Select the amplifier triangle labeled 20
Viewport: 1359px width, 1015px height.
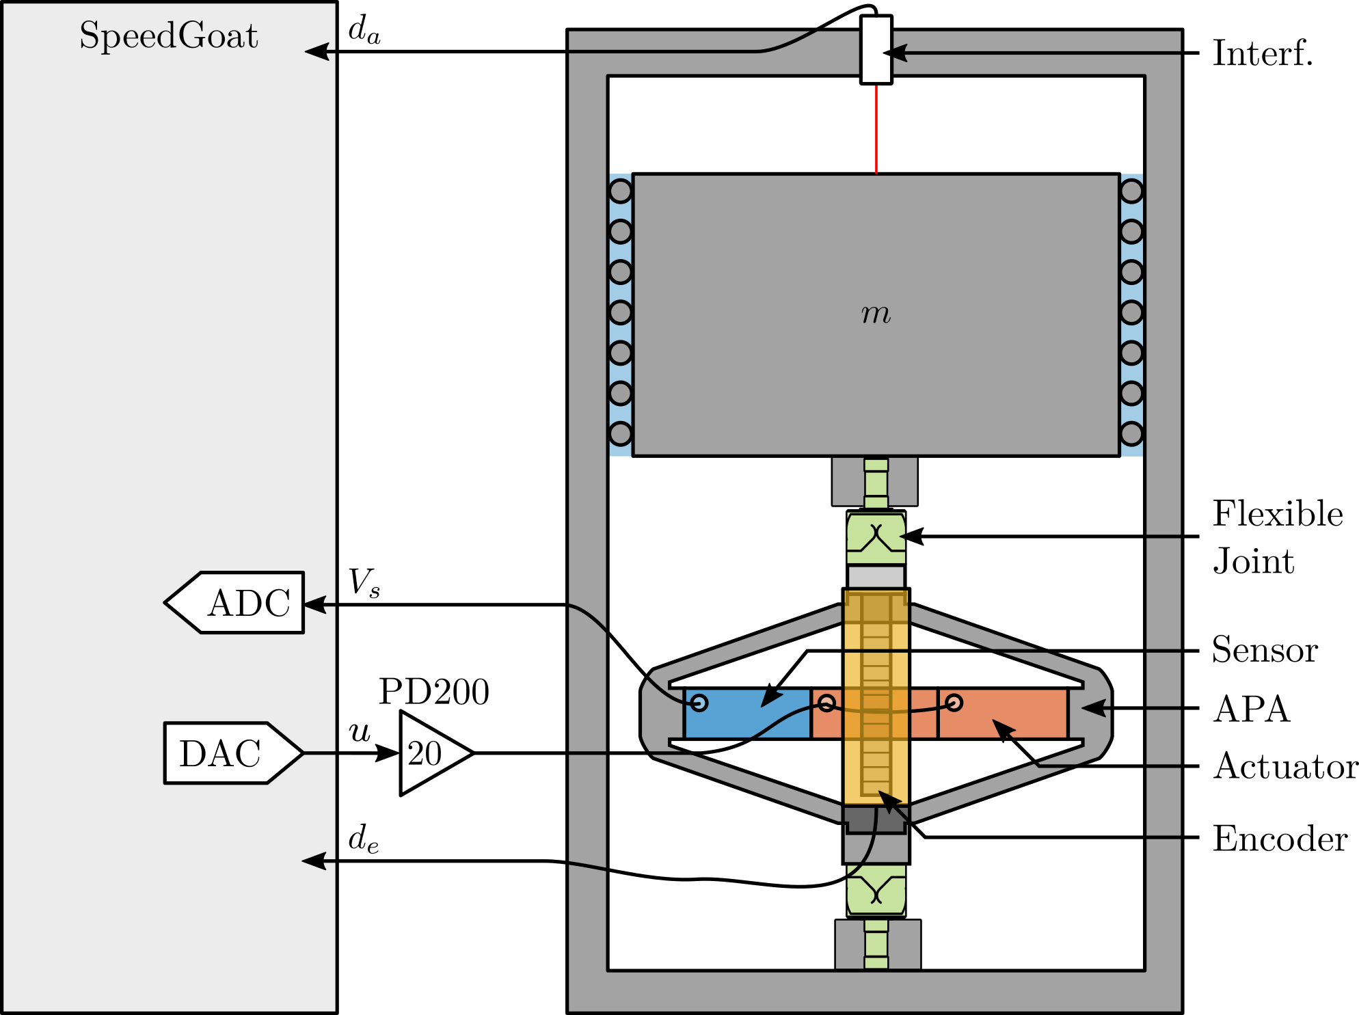click(431, 753)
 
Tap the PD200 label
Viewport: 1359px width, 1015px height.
click(434, 692)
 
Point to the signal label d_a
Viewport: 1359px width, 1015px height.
click(364, 30)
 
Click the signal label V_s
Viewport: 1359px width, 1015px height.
click(364, 583)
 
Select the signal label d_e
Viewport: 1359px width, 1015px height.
click(363, 839)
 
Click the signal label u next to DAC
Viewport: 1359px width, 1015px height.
click(360, 732)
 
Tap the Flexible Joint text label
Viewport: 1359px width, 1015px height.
click(1277, 537)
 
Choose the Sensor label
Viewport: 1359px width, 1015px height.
click(1265, 649)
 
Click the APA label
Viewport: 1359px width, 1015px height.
click(1251, 709)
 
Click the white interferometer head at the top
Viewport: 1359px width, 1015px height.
click(876, 50)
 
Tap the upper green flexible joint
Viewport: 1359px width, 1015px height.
click(876, 537)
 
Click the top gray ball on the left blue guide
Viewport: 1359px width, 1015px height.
click(620, 191)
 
